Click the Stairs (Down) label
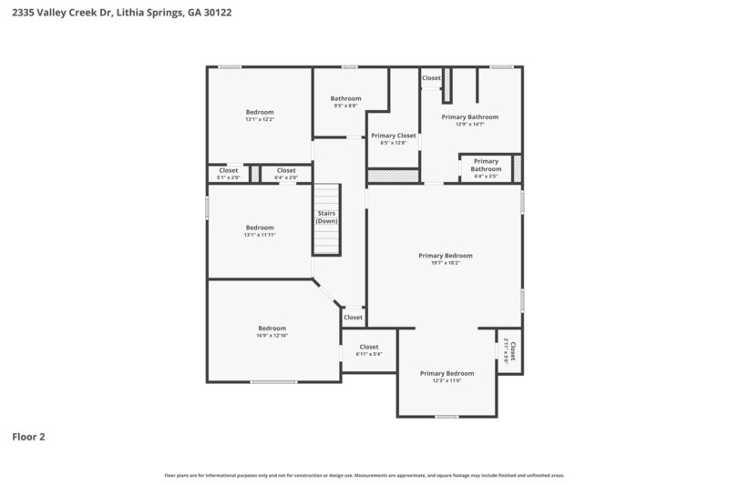(x=326, y=218)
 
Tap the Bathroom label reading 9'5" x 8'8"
(x=345, y=102)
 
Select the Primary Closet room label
(x=393, y=138)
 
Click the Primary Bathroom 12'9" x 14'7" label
(x=469, y=120)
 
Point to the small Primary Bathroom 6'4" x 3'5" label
(x=486, y=168)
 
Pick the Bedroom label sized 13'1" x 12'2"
(x=260, y=116)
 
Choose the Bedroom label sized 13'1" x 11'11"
(x=260, y=231)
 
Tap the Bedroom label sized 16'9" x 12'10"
(x=272, y=332)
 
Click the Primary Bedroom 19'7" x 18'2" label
(x=446, y=259)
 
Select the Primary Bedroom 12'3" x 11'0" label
(x=447, y=377)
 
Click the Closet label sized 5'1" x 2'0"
(x=228, y=173)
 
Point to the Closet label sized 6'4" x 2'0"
(x=286, y=173)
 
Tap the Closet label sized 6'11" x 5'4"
(x=368, y=350)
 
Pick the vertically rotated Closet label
(x=509, y=351)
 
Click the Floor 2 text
(x=28, y=437)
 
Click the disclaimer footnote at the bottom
(x=364, y=475)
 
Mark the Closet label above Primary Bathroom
(x=431, y=78)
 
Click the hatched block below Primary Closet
(x=393, y=176)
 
